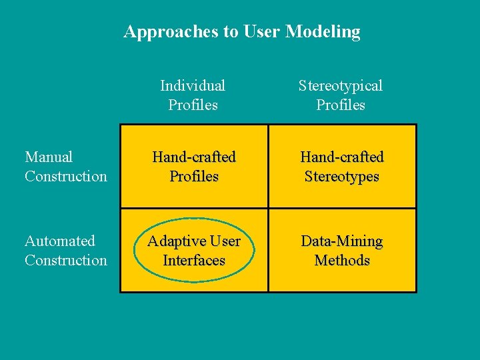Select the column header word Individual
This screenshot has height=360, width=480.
point(193,85)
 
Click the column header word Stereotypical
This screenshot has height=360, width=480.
point(341,85)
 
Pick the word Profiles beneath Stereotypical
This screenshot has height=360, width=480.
point(341,105)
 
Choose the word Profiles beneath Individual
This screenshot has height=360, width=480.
point(193,105)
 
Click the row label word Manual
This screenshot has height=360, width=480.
point(49,157)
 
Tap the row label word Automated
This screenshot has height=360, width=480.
point(59,241)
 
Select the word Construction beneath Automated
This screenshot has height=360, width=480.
point(65,260)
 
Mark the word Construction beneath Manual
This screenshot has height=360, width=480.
point(65,176)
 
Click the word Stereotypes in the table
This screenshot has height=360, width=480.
point(341,177)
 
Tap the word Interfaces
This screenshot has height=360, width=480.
point(194,260)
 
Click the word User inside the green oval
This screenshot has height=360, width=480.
point(224,241)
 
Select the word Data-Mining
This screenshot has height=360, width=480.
point(341,241)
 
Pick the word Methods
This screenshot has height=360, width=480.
point(341,260)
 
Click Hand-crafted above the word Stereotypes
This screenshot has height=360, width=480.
point(341,157)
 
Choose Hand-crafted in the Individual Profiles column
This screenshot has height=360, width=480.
point(194,157)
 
